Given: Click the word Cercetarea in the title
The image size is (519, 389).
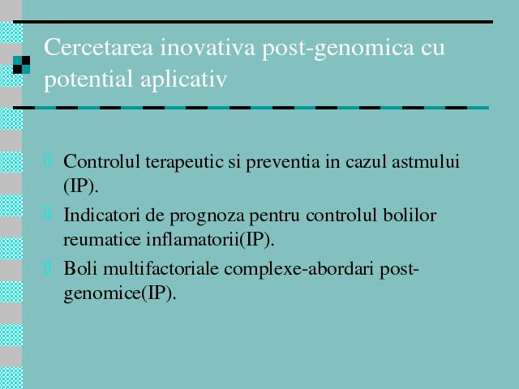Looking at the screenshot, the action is click(98, 47).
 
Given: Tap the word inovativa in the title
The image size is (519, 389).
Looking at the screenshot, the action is click(208, 47).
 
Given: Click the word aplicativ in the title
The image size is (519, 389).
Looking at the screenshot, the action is click(184, 79).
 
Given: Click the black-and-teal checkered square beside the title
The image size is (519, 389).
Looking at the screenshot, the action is click(22, 65).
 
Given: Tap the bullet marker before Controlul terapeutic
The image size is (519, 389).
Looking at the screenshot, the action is click(47, 159).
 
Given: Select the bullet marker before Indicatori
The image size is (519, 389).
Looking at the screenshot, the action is click(47, 213).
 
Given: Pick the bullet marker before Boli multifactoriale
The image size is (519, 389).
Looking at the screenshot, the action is click(47, 267).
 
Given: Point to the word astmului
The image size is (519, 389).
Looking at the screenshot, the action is click(425, 162).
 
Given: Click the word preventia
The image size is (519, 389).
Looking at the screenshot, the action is click(283, 162).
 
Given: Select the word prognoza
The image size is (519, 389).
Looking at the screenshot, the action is click(208, 216).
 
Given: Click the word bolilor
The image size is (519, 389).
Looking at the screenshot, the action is click(410, 215).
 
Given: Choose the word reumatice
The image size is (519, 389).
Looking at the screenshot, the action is click(102, 239).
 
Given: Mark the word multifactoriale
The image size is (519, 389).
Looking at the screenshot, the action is click(161, 268).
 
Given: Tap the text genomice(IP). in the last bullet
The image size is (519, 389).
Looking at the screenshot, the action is click(119, 293).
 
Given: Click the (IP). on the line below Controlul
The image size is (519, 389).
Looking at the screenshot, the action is click(81, 186).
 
